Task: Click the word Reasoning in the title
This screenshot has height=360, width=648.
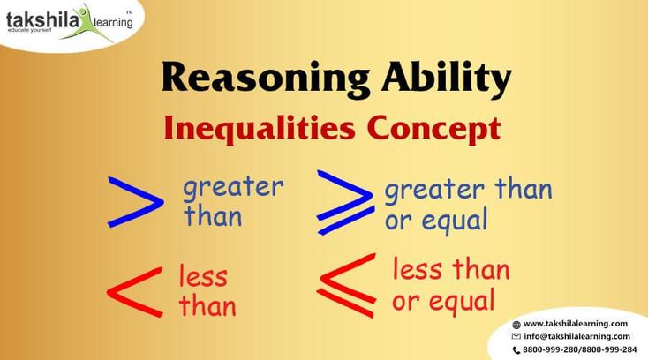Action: [266, 79]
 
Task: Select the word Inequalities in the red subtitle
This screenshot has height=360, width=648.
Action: [260, 129]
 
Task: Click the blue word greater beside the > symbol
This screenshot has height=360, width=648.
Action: [233, 188]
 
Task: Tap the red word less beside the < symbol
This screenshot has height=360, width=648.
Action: [203, 275]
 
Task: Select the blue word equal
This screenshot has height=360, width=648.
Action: [455, 221]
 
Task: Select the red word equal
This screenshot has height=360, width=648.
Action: [462, 301]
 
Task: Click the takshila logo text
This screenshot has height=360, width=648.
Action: [41, 20]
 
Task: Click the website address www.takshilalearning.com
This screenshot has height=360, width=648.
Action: [576, 324]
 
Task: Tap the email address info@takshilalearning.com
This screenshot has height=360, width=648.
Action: [576, 336]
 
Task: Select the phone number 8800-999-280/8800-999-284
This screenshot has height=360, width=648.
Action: [580, 349]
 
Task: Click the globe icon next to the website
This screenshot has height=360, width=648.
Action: [516, 325]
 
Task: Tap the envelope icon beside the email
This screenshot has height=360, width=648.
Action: [516, 336]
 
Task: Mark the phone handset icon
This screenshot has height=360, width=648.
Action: [516, 350]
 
